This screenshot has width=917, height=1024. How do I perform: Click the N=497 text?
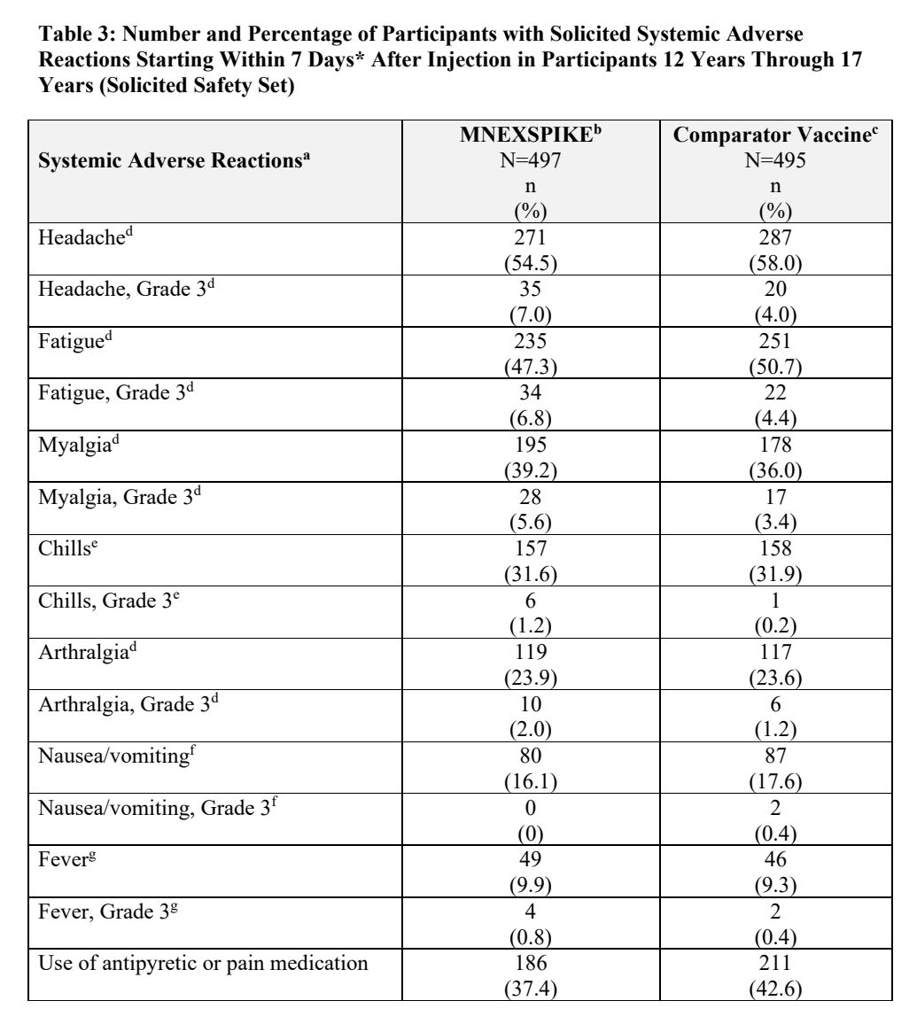tap(531, 162)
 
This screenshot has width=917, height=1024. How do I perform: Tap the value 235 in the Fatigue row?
tap(531, 340)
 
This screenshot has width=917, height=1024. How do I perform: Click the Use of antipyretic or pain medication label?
tap(203, 938)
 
